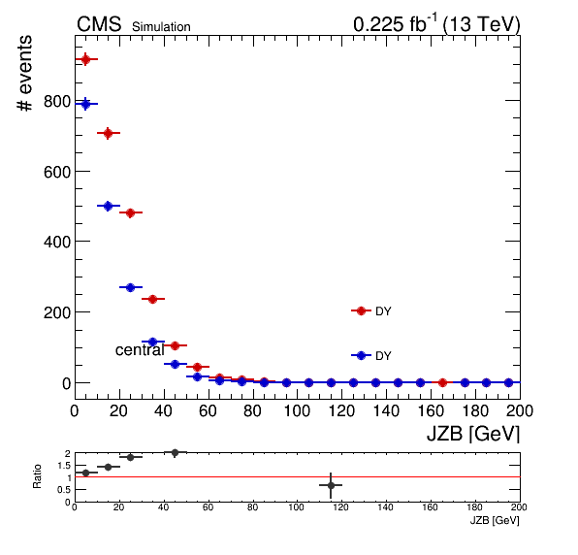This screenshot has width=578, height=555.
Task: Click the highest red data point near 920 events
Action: pyautogui.click(x=85, y=59)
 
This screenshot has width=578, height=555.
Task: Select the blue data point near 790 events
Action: pyautogui.click(x=85, y=104)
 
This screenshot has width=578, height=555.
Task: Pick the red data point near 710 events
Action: pyautogui.click(x=108, y=133)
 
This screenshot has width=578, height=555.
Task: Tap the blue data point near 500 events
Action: pyautogui.click(x=108, y=206)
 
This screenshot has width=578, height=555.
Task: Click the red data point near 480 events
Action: pyautogui.click(x=130, y=212)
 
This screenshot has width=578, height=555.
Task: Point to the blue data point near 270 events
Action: pyautogui.click(x=130, y=287)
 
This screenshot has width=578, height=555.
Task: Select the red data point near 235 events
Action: pyautogui.click(x=152, y=299)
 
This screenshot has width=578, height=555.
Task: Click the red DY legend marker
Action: pyautogui.click(x=361, y=310)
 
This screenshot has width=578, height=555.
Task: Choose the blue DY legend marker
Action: pyautogui.click(x=361, y=355)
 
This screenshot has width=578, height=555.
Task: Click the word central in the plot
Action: pyautogui.click(x=140, y=350)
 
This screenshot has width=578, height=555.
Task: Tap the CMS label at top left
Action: pyautogui.click(x=99, y=24)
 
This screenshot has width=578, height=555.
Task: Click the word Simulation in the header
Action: pyautogui.click(x=161, y=27)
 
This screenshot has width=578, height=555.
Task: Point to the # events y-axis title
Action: pyautogui.click(x=24, y=73)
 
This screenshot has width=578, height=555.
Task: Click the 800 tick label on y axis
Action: pyautogui.click(x=57, y=102)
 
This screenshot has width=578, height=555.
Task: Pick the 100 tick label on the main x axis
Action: pyautogui.click(x=297, y=410)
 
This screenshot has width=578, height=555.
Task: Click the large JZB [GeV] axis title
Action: pyautogui.click(x=473, y=434)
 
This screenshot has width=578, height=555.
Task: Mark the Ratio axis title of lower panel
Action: pyautogui.click(x=37, y=476)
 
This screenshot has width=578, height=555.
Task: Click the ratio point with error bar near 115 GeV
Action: pyautogui.click(x=331, y=485)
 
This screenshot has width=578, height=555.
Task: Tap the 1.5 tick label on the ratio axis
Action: pyautogui.click(x=64, y=466)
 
